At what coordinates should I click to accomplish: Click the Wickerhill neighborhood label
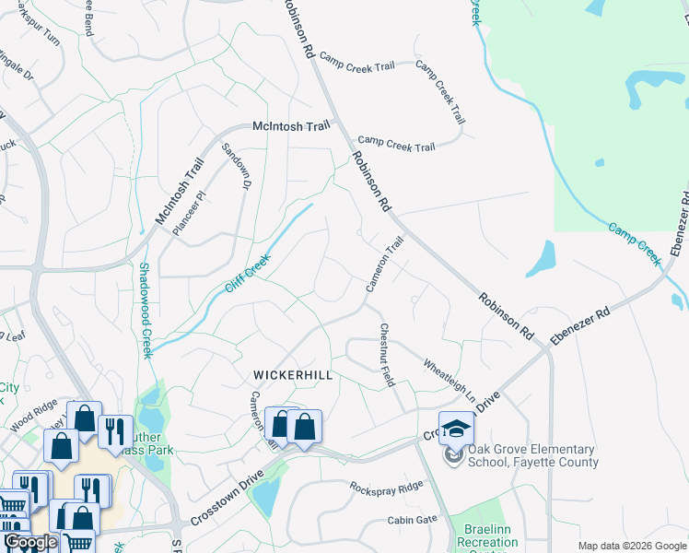(x=292, y=376)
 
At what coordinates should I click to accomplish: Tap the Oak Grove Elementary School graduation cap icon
(x=455, y=429)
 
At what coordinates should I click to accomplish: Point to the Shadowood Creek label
(x=145, y=311)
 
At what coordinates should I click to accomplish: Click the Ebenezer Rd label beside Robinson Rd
(x=581, y=327)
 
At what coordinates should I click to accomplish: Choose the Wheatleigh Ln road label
(x=450, y=381)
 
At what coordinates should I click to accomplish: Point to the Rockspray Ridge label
(x=386, y=485)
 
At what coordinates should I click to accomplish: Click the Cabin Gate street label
(x=413, y=520)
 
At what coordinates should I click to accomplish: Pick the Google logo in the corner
(x=30, y=543)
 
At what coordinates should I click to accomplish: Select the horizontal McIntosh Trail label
(x=291, y=127)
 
